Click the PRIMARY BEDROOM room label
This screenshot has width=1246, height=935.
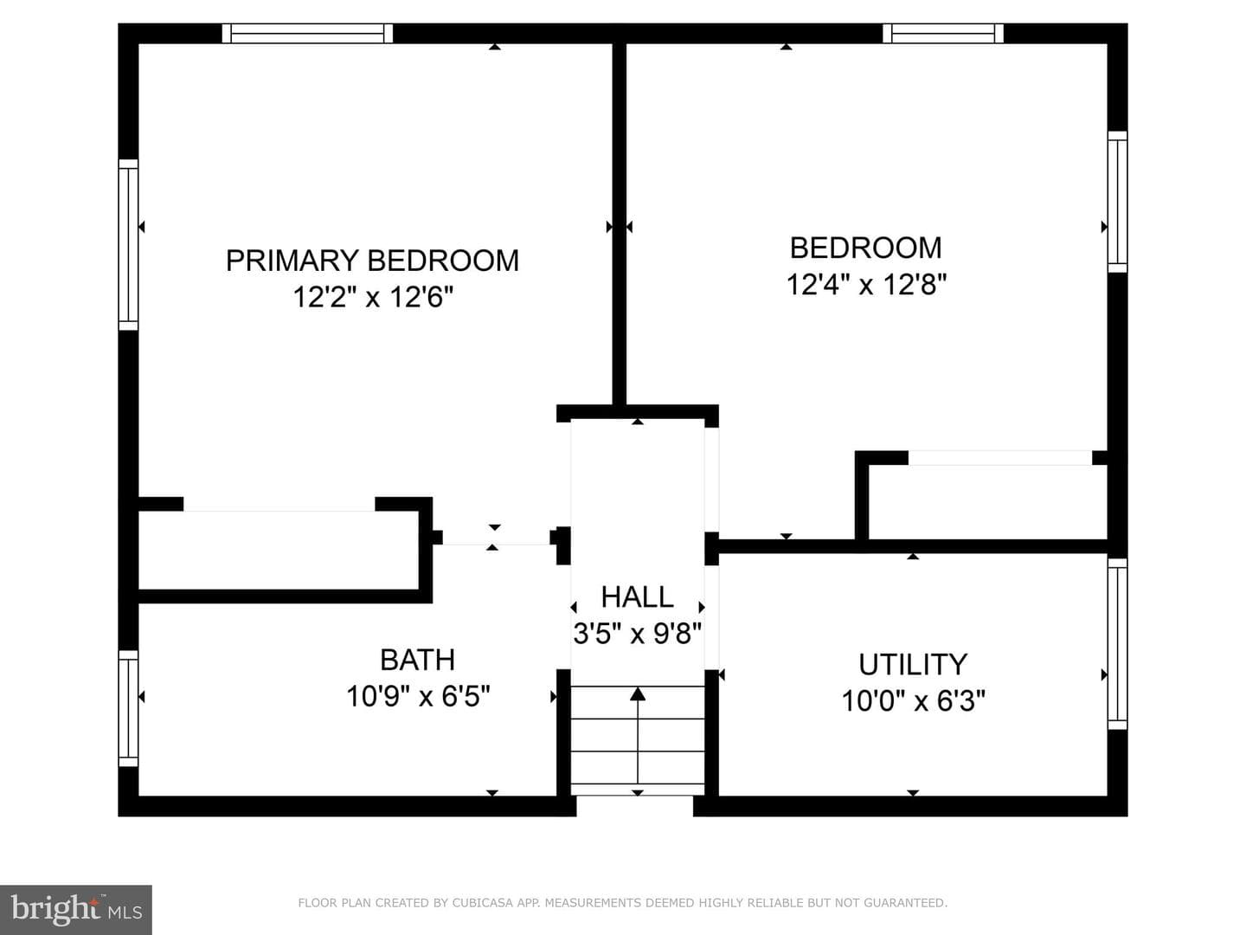[372, 261]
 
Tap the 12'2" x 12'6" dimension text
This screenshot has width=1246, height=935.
[373, 297]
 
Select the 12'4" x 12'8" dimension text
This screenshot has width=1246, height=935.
[866, 285]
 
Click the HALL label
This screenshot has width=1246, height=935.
[638, 596]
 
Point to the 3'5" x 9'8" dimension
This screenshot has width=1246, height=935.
[638, 633]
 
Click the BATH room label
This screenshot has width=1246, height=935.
[418, 660]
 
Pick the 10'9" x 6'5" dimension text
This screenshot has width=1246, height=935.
[418, 696]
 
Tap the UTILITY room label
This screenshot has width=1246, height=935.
[913, 664]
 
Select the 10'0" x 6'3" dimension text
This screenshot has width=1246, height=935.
[913, 700]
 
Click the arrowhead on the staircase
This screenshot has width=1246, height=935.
[638, 693]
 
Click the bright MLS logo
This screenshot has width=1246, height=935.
[76, 910]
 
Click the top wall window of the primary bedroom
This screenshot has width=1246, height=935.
[307, 34]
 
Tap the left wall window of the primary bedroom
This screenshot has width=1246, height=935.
[128, 245]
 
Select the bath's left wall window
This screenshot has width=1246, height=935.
[128, 708]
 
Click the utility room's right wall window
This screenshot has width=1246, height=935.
[1118, 644]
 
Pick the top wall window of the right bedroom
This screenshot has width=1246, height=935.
[943, 34]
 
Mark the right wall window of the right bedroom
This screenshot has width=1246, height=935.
[1118, 202]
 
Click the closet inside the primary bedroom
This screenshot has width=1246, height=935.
[279, 550]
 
